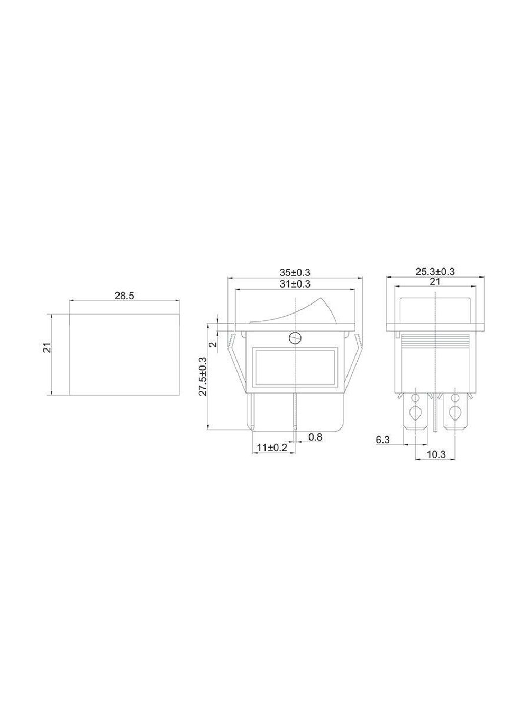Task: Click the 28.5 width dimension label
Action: tap(124, 296)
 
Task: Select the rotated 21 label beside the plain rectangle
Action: tap(48, 347)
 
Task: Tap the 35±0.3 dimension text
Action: tap(295, 272)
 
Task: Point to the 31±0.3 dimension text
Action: tap(295, 284)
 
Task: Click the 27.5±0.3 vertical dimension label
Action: tap(203, 376)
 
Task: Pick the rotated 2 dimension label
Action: tap(213, 345)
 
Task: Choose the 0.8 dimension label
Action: tap(315, 437)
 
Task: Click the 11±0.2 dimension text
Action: tap(272, 448)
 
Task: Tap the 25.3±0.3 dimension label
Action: tap(435, 272)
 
